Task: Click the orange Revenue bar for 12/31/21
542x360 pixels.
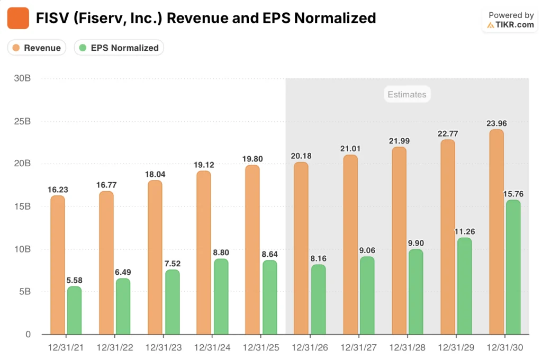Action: point(58,265)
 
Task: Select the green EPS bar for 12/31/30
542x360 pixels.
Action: point(513,267)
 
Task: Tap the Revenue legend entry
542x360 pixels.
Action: point(37,48)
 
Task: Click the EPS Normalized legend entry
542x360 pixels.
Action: point(119,48)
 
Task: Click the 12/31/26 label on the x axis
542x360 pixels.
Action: point(310,348)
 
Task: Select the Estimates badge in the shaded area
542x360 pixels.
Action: point(406,94)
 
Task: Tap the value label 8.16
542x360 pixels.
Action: point(319,259)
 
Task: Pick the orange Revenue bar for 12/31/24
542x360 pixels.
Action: point(204,253)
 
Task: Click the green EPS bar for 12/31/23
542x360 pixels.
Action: point(173,302)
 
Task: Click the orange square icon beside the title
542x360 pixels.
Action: point(18,18)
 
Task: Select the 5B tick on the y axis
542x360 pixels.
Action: point(24,292)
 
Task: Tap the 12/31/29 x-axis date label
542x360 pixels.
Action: point(456,348)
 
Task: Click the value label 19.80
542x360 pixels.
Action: point(252,159)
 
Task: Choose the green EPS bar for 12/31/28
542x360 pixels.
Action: point(416,292)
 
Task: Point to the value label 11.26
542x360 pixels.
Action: point(465,232)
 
